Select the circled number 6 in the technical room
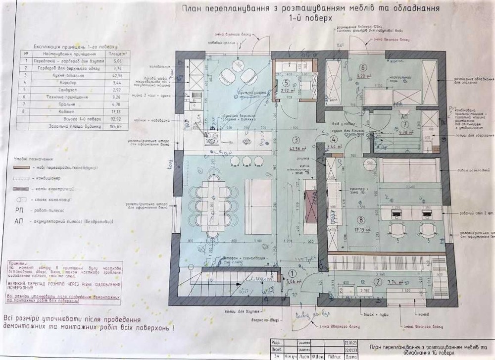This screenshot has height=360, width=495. click(362, 68)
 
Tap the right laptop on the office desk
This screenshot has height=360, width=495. click(426, 213)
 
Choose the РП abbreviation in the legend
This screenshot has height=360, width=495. click(19, 210)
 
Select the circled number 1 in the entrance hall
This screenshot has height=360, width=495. click(292, 272)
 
